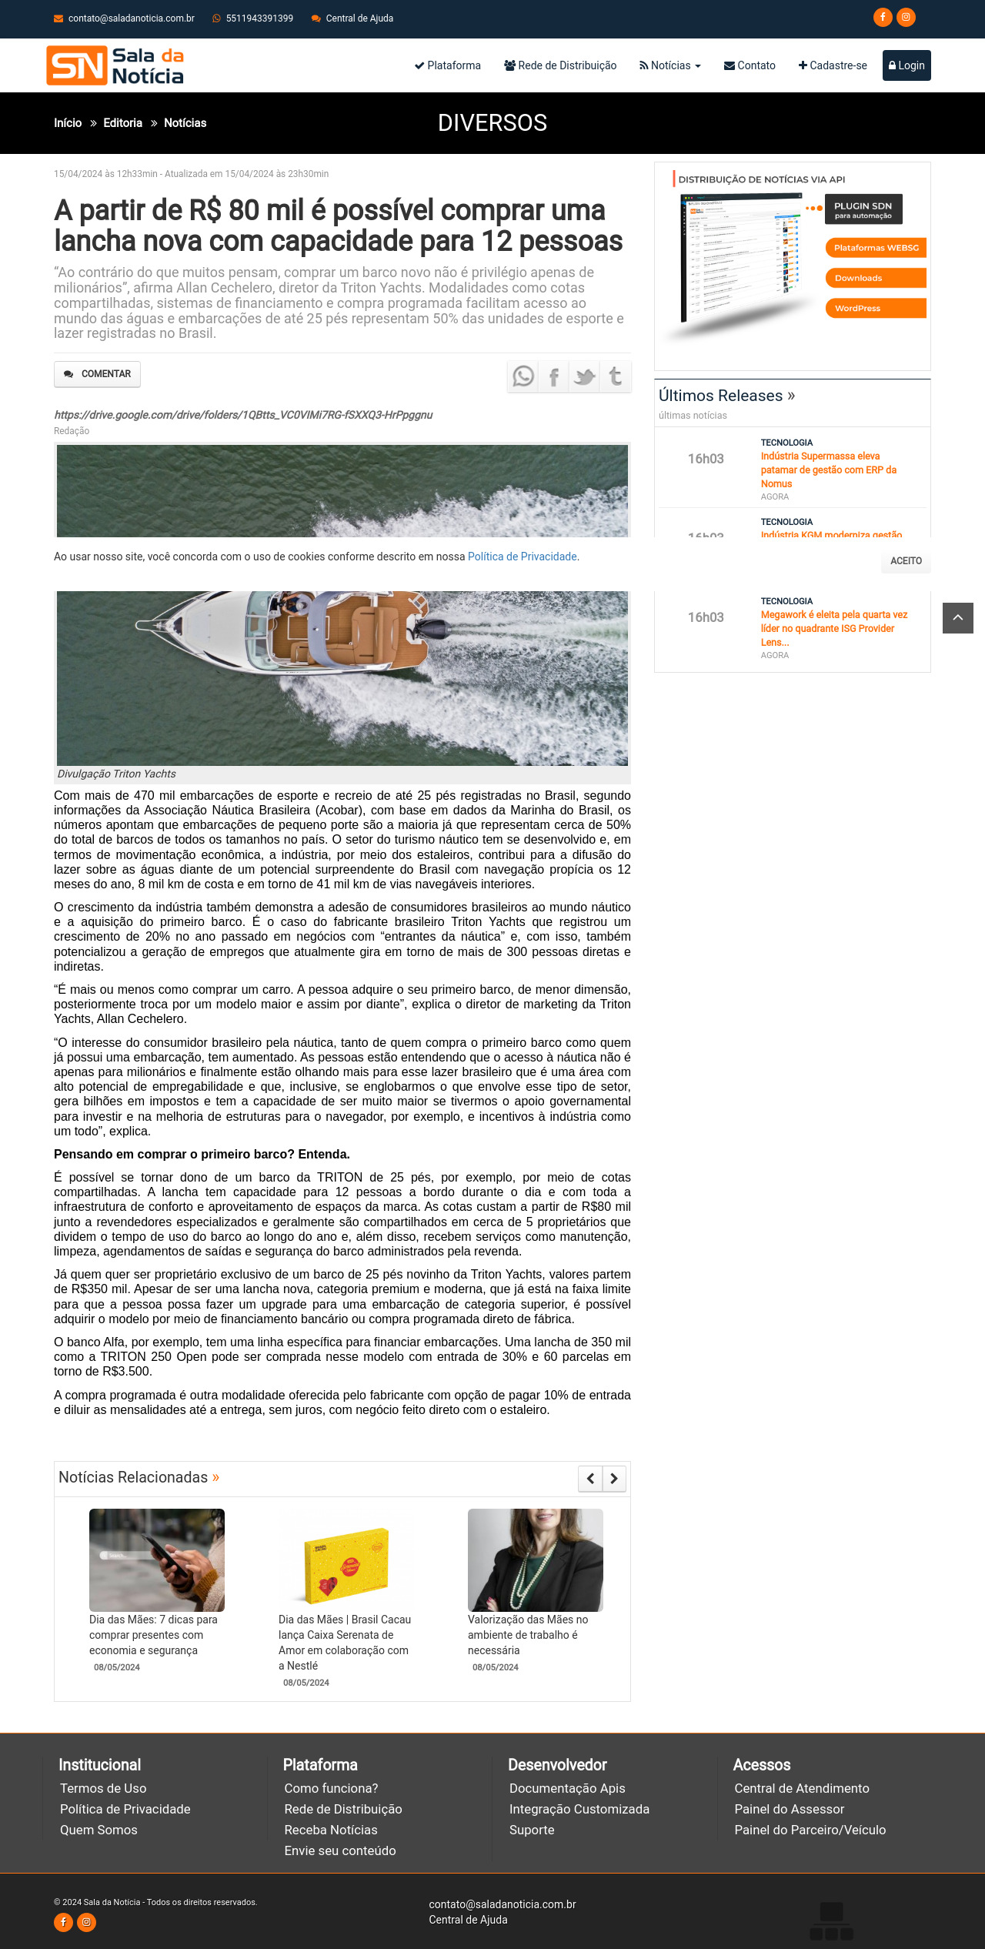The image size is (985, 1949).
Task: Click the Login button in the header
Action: (907, 65)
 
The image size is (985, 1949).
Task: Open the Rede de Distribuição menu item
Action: (560, 65)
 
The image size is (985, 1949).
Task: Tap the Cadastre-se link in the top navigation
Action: (833, 65)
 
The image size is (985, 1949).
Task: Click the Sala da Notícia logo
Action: (115, 65)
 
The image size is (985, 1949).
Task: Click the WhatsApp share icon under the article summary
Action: (523, 376)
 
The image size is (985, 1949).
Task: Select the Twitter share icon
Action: (585, 376)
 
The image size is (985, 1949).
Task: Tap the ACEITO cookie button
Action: (906, 561)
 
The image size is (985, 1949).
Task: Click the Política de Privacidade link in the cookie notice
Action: (522, 557)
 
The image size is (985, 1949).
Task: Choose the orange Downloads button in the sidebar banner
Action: (875, 278)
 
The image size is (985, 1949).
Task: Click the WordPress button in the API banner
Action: (875, 308)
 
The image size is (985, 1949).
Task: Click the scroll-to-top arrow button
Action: (958, 618)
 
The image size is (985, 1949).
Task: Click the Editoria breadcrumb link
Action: (123, 123)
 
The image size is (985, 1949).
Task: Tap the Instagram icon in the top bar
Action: (907, 17)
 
